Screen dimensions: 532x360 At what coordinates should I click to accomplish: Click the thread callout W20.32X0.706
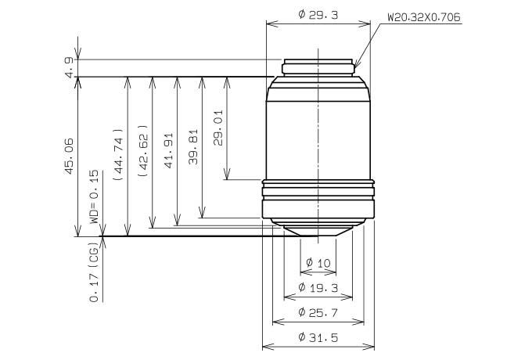(x=424, y=17)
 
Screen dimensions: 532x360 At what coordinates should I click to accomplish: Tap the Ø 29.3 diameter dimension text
(x=318, y=15)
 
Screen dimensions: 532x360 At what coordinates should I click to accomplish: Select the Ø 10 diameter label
(x=318, y=263)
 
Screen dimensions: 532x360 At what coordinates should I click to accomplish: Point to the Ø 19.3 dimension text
(x=318, y=288)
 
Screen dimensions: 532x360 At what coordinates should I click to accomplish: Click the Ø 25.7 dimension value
(x=318, y=312)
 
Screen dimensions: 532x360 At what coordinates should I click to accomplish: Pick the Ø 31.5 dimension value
(x=318, y=337)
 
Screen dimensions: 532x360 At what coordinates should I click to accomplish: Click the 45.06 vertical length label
(x=69, y=157)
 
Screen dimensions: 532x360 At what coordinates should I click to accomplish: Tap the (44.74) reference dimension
(x=118, y=154)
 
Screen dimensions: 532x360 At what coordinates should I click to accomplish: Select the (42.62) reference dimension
(x=143, y=150)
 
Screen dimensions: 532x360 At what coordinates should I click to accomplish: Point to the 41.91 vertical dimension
(x=169, y=150)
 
